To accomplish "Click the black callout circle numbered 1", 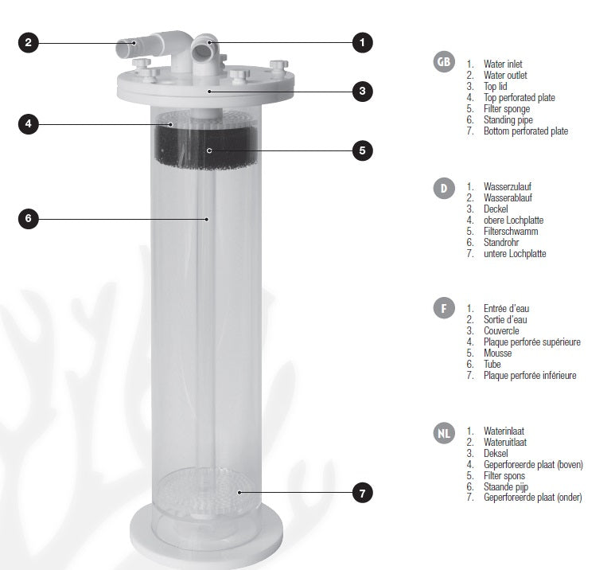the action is coord(362,42).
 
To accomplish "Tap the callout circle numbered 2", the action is coord(28,42).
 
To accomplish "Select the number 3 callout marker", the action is coord(362,92).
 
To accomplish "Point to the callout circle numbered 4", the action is coord(28,124).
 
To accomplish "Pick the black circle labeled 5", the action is coord(362,150).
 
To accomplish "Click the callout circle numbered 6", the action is coord(28,219).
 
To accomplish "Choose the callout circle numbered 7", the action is coord(362,493).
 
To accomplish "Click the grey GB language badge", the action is coord(444,62).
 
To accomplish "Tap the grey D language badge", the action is coord(444,189).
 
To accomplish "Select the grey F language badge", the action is coord(444,308).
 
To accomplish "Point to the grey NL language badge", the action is coord(444,433).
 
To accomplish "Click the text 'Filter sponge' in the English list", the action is coord(506,109).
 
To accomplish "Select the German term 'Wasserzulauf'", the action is coord(508,187).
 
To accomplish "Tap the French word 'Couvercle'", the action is coord(501,331).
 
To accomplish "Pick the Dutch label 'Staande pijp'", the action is coord(506,487).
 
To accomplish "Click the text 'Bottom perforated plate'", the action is coord(526,131).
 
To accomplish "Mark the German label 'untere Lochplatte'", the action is coord(515,254).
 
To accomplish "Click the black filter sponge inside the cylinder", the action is coord(206,147).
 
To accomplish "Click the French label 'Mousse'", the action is coord(497,353).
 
